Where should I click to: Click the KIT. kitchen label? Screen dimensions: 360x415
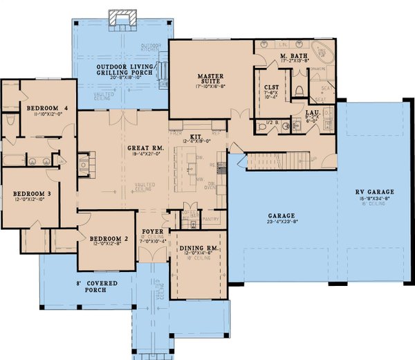point(196,137)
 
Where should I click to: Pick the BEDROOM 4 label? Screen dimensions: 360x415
point(46,109)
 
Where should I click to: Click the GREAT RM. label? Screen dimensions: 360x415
point(145,148)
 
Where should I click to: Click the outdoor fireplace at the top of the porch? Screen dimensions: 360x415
point(123,18)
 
